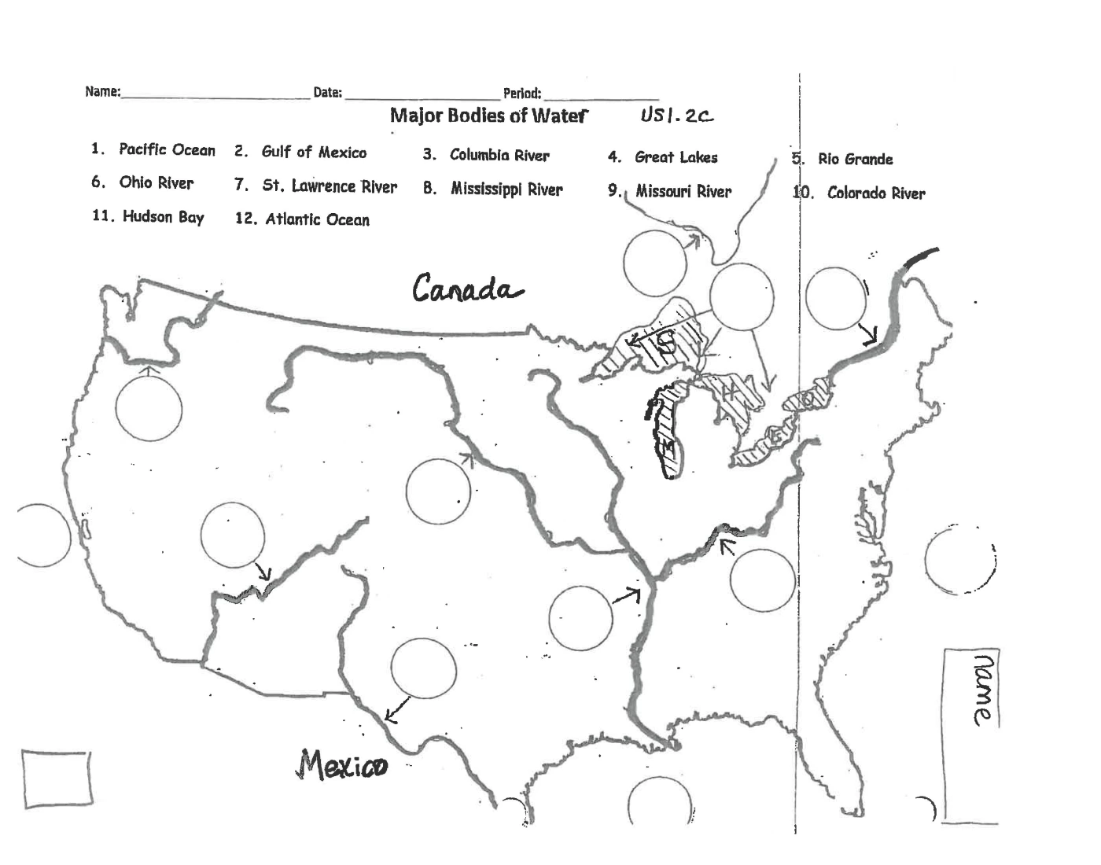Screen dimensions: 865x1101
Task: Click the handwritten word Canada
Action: pyautogui.click(x=466, y=289)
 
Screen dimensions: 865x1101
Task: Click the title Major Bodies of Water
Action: pyautogui.click(x=488, y=116)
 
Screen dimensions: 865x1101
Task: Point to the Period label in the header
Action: pyautogui.click(x=521, y=94)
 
